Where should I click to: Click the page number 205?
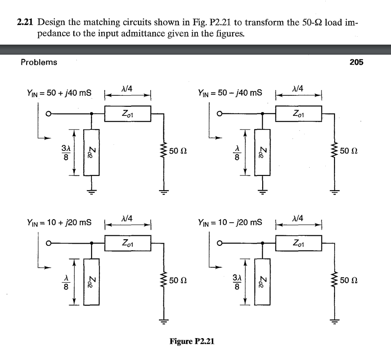pos(356,62)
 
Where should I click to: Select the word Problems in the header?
pos(39,62)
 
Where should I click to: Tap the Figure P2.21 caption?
pos(192,341)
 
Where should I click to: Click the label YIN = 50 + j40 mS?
pos(59,93)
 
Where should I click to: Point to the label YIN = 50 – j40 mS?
pos(230,93)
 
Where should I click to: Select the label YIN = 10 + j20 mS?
pos(59,222)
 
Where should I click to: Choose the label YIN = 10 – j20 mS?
pos(230,222)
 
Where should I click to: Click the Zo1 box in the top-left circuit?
pos(127,114)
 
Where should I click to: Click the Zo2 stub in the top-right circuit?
pos(263,152)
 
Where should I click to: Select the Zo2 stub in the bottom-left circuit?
pos(92,281)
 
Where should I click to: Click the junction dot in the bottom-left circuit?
pos(92,243)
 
